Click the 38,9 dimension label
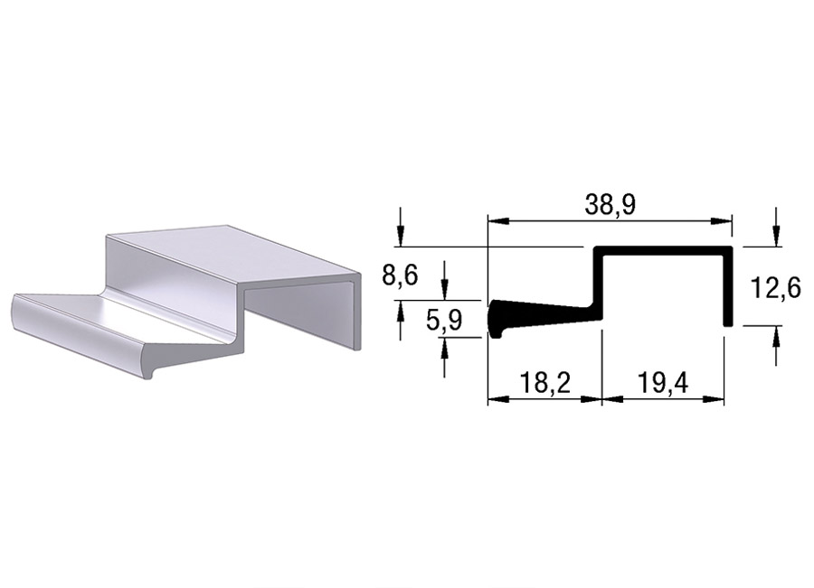(x=610, y=205)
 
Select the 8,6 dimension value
(x=400, y=275)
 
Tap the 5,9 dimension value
(x=444, y=321)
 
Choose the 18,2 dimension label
(x=545, y=383)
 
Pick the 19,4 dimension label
(x=662, y=383)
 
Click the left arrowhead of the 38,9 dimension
(x=497, y=221)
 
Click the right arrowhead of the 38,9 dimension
(x=723, y=221)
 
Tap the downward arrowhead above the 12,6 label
(x=776, y=237)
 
